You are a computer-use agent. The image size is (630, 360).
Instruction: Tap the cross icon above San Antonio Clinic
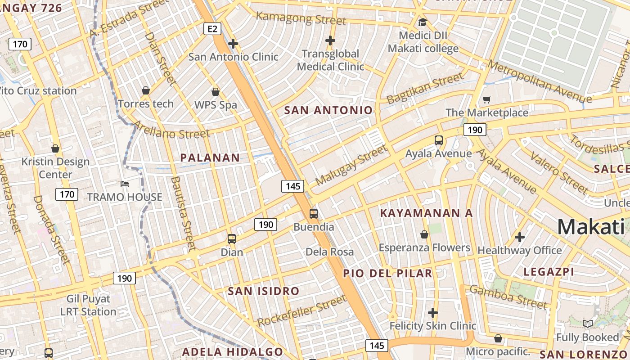click(x=233, y=44)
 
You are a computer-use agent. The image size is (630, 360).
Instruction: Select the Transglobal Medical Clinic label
click(x=330, y=60)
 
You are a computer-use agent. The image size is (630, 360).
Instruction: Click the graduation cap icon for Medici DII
click(x=423, y=22)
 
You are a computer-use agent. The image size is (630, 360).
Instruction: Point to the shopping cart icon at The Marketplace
click(x=486, y=99)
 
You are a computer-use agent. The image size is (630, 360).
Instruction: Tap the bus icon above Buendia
click(x=314, y=214)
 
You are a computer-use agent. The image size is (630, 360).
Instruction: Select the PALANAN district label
click(x=210, y=157)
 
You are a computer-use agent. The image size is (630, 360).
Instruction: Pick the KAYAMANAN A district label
click(x=426, y=213)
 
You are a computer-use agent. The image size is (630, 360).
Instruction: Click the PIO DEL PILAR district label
click(x=387, y=273)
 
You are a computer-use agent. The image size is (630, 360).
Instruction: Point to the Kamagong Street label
click(x=301, y=18)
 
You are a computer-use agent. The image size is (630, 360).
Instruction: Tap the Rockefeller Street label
click(x=302, y=311)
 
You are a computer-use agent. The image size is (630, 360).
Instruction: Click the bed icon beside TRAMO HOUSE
click(x=125, y=184)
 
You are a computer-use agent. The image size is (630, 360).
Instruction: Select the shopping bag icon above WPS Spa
click(x=216, y=92)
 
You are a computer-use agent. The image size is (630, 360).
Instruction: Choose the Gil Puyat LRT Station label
click(x=88, y=305)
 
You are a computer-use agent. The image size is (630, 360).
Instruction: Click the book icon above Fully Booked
click(x=587, y=324)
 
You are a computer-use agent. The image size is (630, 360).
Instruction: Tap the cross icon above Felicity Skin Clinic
click(x=433, y=312)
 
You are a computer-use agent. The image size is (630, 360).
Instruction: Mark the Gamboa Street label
click(x=508, y=297)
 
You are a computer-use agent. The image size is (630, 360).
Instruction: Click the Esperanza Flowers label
click(x=424, y=247)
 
